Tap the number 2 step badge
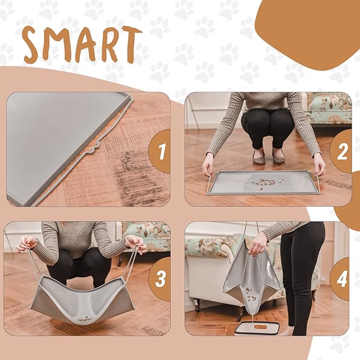pos(343,151)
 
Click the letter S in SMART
pos(36,46)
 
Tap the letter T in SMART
pos(130,45)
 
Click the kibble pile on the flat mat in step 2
pos(260,182)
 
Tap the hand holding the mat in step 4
pos(259,245)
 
